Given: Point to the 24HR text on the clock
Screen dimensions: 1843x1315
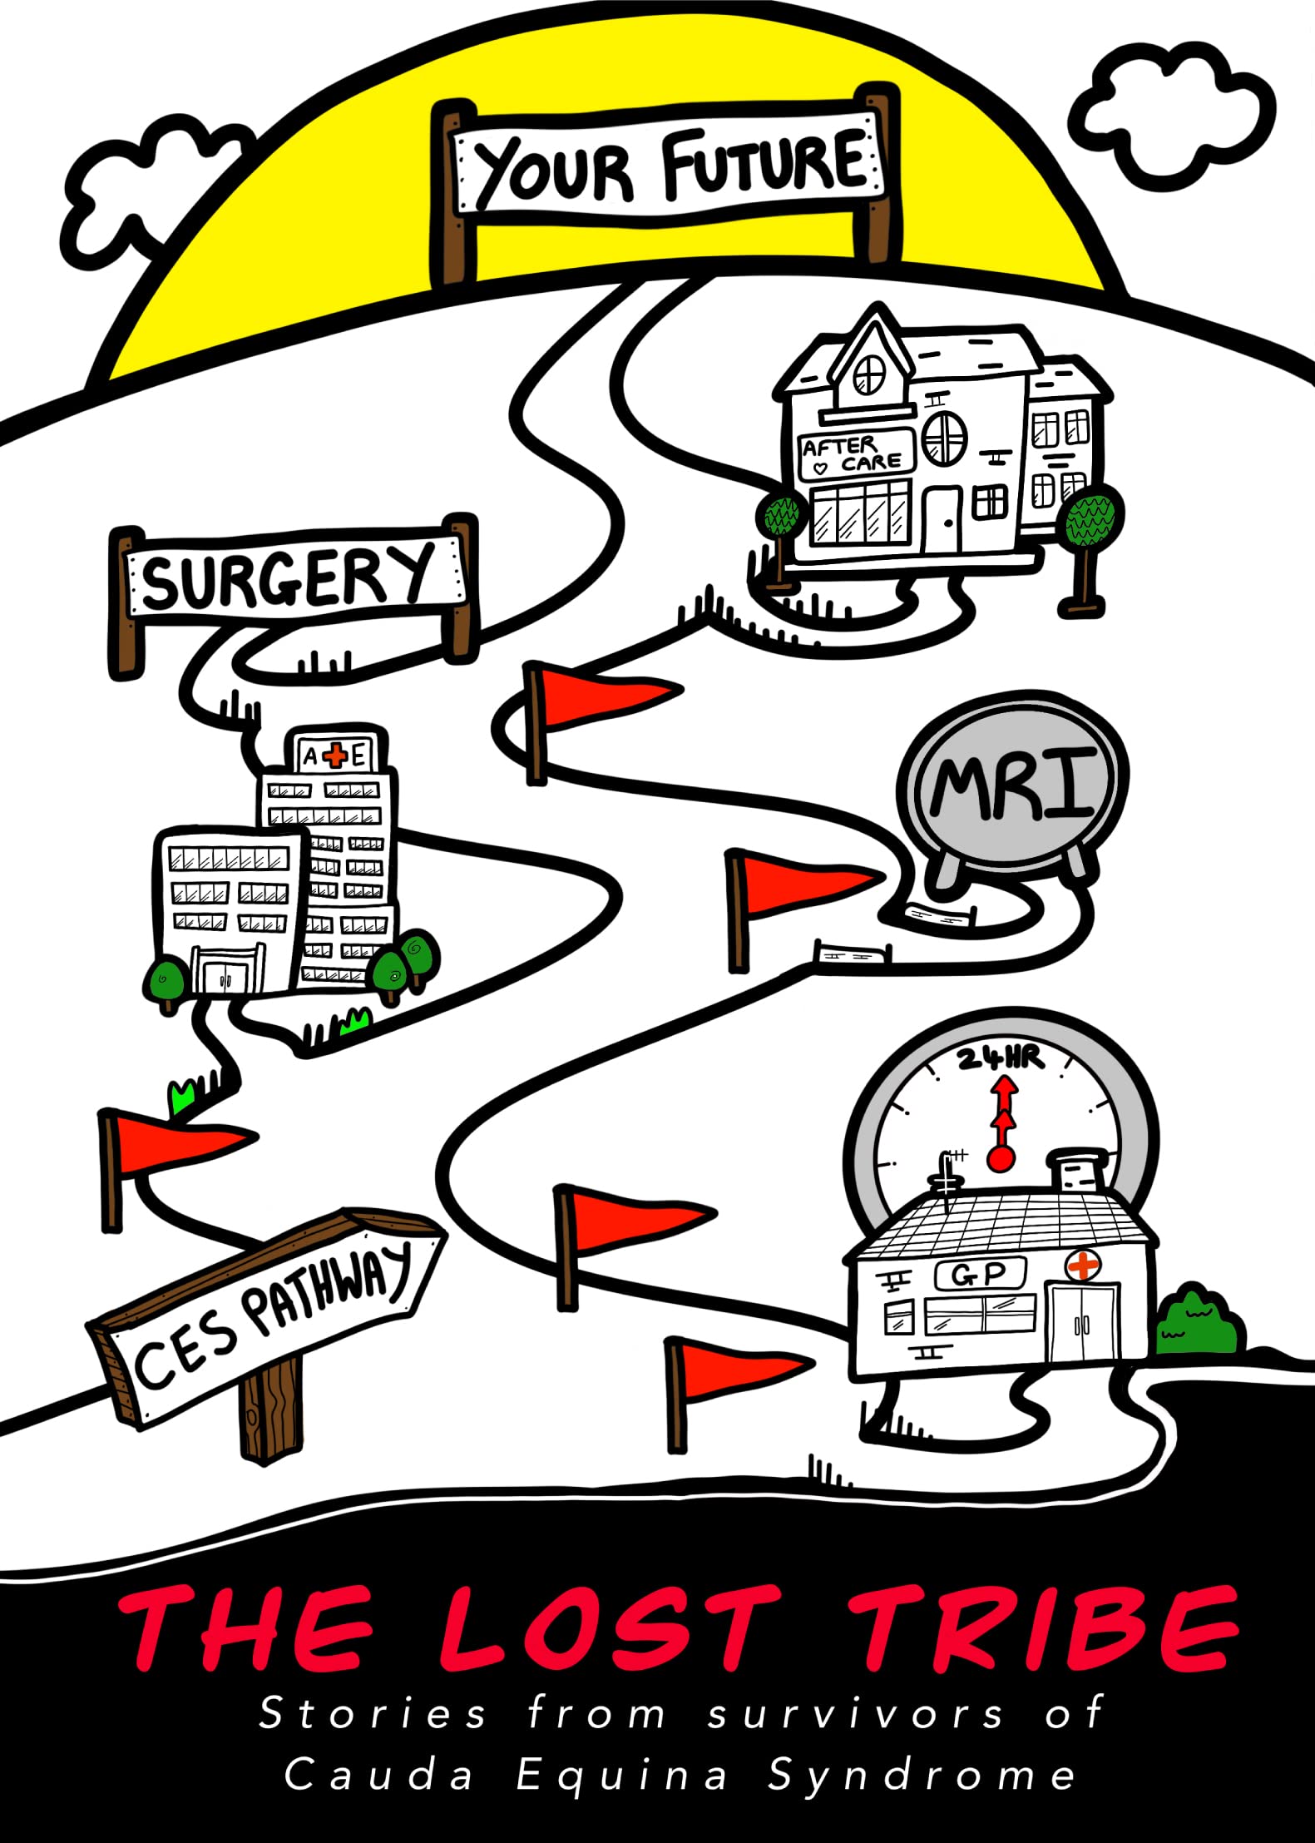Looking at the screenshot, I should pos(999,1059).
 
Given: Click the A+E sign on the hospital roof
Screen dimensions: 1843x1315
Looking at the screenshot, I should pos(335,756).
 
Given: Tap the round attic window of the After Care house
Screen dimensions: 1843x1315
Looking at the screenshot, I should pos(869,374).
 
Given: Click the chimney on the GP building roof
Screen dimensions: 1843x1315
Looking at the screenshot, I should pos(1078,1172).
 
